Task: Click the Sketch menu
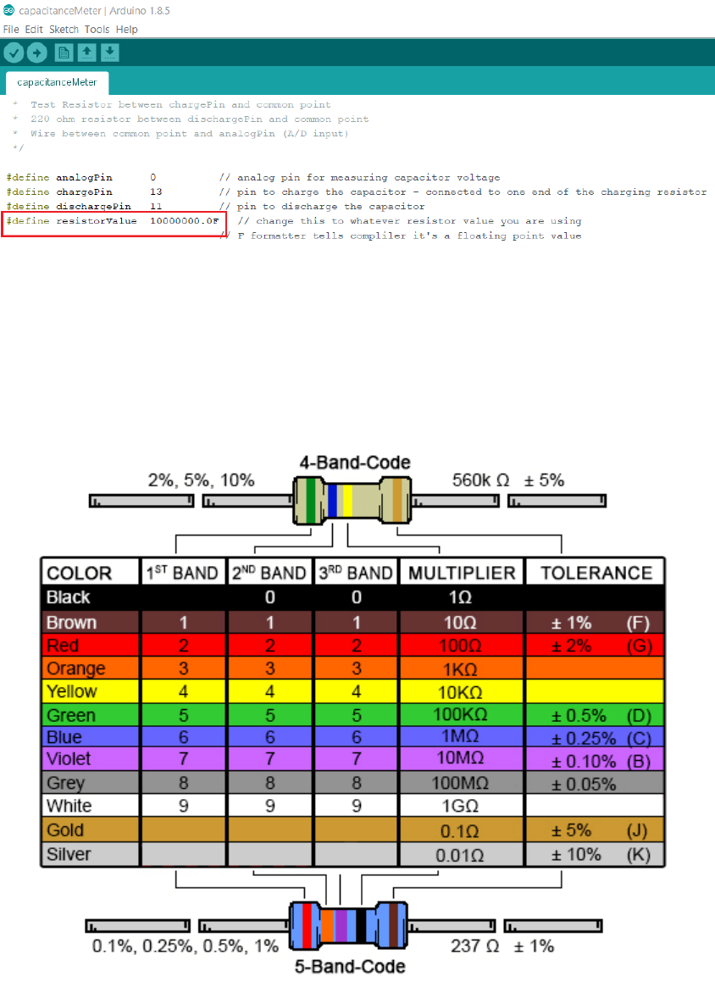[x=64, y=29]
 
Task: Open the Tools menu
[x=97, y=29]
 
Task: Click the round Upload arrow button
[x=36, y=53]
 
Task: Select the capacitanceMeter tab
[x=57, y=83]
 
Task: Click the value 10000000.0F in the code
[x=185, y=221]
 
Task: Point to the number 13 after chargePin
[x=156, y=192]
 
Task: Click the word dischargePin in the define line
[x=93, y=207]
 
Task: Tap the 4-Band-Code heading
[x=354, y=463]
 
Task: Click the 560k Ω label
[x=480, y=480]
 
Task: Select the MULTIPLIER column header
[x=462, y=573]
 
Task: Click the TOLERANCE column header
[x=596, y=573]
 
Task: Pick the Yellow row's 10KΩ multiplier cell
[x=462, y=691]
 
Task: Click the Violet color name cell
[x=69, y=758]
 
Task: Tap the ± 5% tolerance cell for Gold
[x=572, y=830]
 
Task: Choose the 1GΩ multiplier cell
[x=462, y=806]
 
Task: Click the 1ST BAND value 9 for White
[x=183, y=806]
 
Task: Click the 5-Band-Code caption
[x=349, y=967]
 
